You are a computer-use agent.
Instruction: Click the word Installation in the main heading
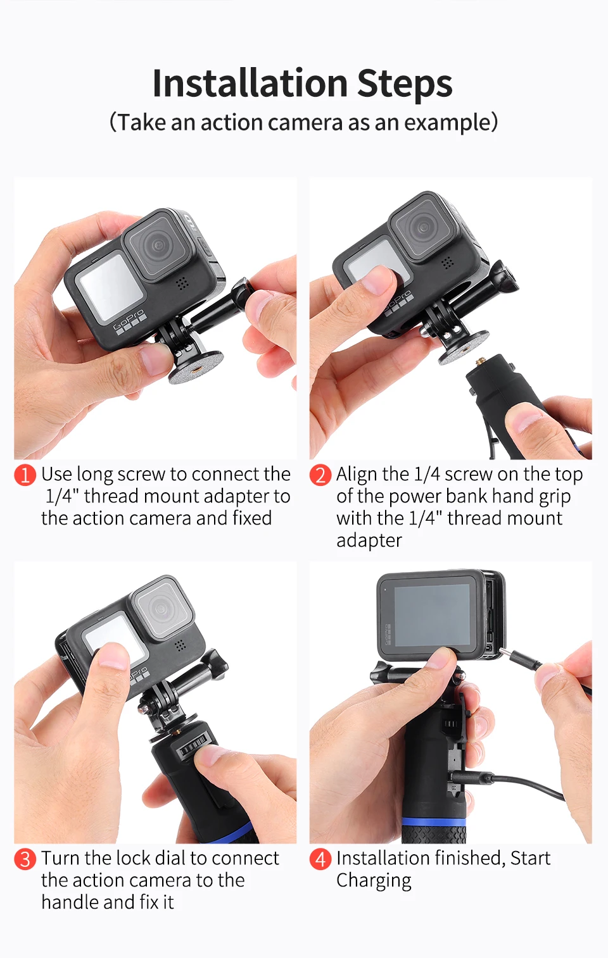click(x=250, y=83)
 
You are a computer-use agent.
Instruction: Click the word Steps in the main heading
click(x=405, y=84)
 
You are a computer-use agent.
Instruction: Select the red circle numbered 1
click(x=25, y=475)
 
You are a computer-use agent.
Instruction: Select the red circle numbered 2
click(x=320, y=475)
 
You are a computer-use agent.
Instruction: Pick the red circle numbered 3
click(x=25, y=859)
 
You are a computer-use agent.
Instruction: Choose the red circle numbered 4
click(x=320, y=859)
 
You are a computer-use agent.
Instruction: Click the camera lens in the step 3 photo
click(x=160, y=608)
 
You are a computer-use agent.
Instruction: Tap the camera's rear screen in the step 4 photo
click(x=432, y=615)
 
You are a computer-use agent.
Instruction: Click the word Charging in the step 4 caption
click(x=374, y=881)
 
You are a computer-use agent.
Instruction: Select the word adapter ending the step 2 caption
click(x=369, y=540)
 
